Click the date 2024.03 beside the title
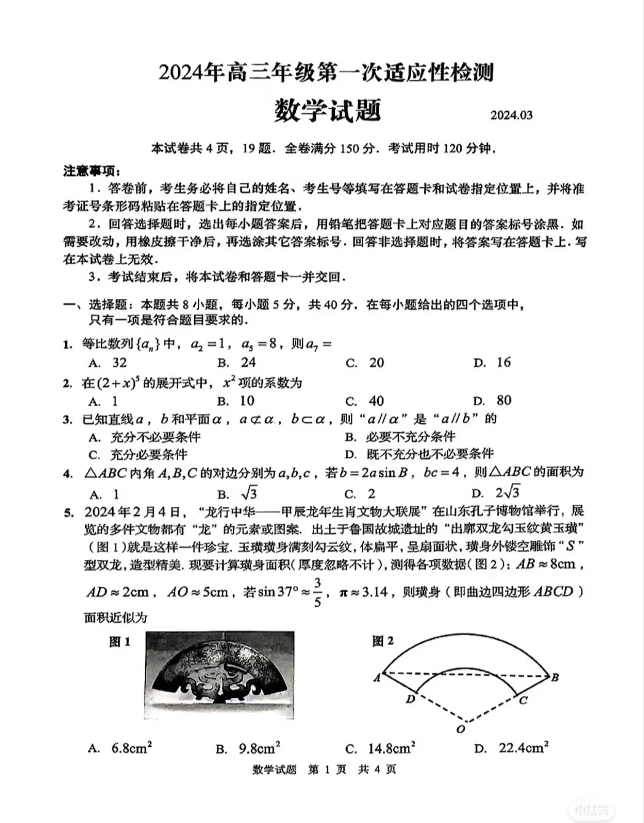511,115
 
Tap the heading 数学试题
328,110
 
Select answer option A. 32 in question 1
108,363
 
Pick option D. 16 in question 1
492,363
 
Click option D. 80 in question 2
492,401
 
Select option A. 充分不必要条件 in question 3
145,437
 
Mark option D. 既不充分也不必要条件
419,454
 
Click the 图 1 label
120,642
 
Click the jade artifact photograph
220,674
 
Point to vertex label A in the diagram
377,678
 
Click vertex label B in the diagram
555,678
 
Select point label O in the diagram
461,729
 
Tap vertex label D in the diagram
410,699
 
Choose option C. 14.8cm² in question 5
380,748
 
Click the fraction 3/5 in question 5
317,592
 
